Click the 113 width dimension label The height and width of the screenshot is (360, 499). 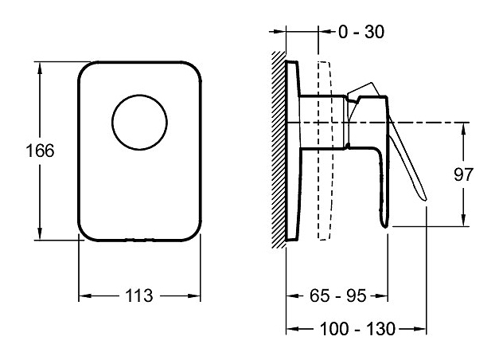coord(139,295)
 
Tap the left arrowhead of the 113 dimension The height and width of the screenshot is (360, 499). coord(83,295)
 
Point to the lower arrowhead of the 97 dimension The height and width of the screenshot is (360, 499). coord(464,222)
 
